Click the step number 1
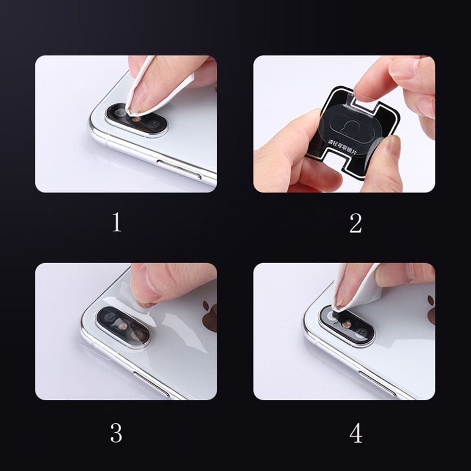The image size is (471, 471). pyautogui.click(x=117, y=223)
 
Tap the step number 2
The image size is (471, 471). pyautogui.click(x=355, y=223)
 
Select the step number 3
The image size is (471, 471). pyautogui.click(x=116, y=433)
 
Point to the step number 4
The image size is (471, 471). pyautogui.click(x=356, y=433)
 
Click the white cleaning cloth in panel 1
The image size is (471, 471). pyautogui.click(x=141, y=88)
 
